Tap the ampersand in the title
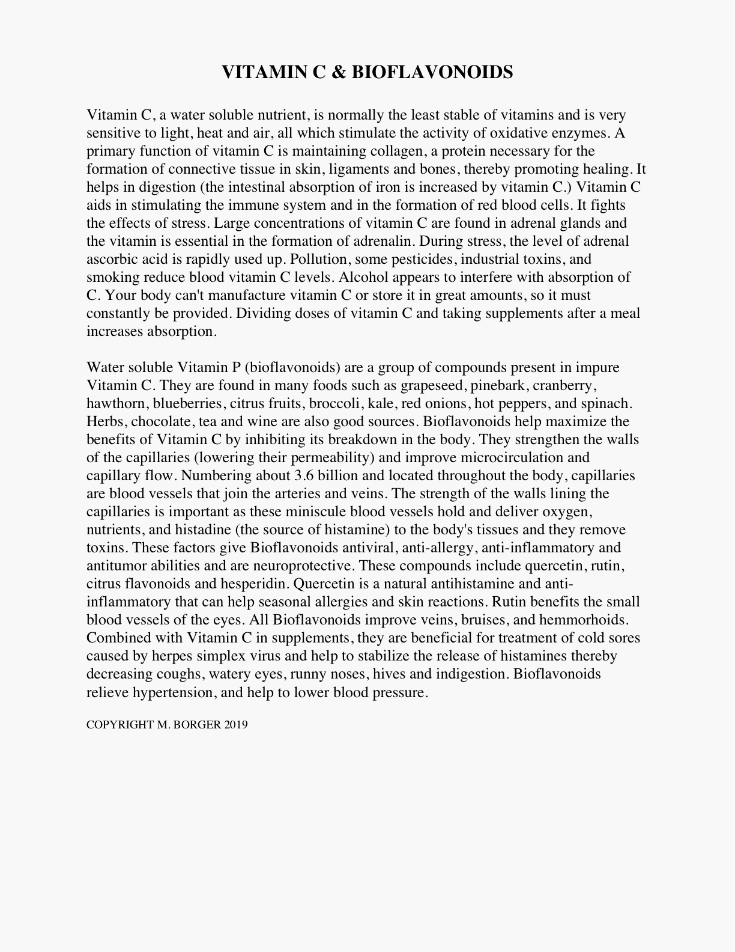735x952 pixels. [338, 72]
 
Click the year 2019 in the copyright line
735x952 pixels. [236, 725]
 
